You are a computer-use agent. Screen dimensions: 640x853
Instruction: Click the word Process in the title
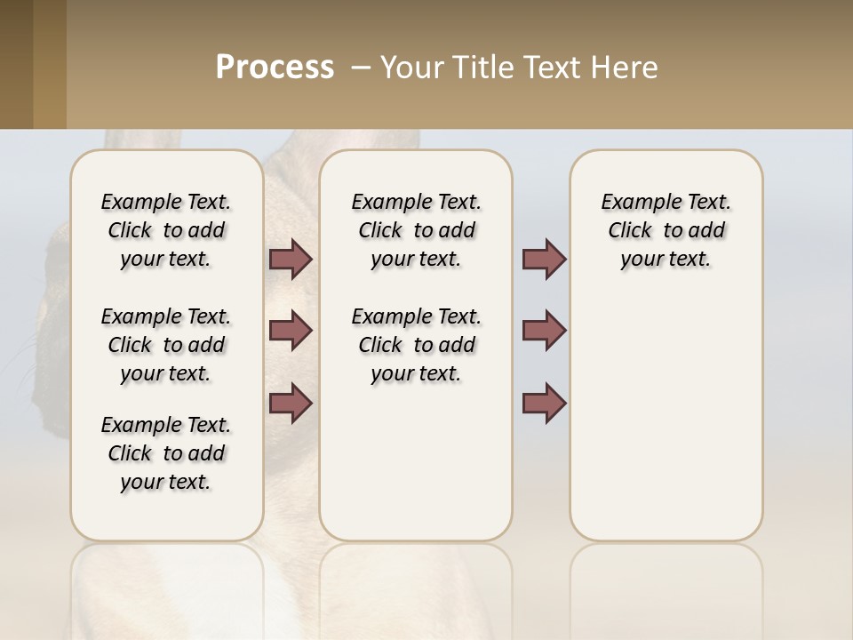pos(275,68)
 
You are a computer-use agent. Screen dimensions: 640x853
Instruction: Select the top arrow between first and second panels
pos(291,259)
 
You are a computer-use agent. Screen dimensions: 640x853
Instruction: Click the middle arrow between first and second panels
pos(291,331)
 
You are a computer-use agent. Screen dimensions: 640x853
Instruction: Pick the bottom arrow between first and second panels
pos(291,403)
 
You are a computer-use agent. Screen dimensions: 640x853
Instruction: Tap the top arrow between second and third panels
pos(544,259)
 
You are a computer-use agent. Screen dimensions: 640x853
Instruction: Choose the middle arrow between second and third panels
pos(544,331)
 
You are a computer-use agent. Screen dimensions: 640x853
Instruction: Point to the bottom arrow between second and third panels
pos(544,403)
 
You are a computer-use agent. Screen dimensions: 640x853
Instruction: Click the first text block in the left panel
pos(166,230)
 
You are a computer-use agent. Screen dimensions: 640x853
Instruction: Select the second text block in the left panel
pos(166,345)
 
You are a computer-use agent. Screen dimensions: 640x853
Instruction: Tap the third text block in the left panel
pos(166,453)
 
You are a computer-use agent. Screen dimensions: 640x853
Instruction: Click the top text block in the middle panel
pos(416,230)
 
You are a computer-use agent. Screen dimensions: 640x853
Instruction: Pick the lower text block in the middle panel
pos(416,345)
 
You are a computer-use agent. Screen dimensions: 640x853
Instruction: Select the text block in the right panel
pos(666,230)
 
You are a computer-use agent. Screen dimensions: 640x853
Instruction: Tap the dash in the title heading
pos(361,68)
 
